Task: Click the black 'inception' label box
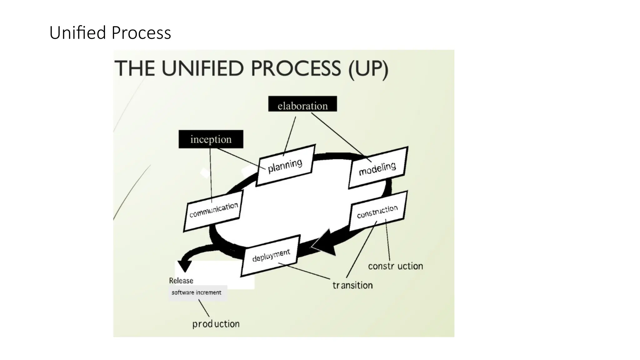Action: pos(211,139)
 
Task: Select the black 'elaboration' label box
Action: pos(302,104)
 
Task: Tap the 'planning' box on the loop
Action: pos(285,166)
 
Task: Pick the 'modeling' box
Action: pos(378,168)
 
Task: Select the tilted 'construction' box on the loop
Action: pos(378,211)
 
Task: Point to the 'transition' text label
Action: pos(352,285)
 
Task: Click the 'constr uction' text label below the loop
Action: pos(395,266)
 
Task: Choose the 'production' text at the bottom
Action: pos(216,324)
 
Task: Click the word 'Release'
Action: pos(181,281)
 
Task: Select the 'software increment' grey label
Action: pos(197,293)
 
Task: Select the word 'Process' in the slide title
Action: pos(141,33)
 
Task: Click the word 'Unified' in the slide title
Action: pos(78,33)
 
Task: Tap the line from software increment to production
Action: pos(204,308)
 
